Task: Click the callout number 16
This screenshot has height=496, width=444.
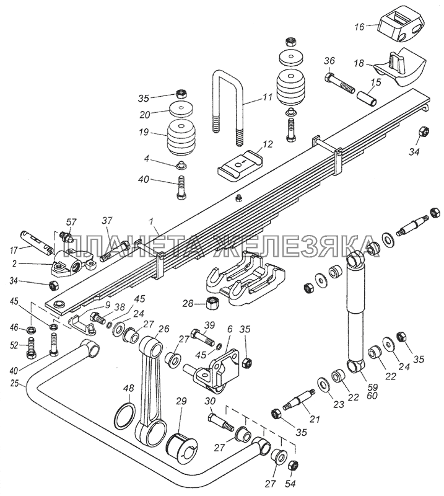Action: (x=359, y=27)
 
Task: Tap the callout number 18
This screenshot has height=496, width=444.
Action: (x=359, y=63)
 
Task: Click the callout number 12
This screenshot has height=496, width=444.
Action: (x=268, y=144)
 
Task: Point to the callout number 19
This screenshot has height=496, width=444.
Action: (x=144, y=131)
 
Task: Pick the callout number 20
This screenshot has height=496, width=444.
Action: (x=145, y=115)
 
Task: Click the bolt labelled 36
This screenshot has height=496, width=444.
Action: (x=339, y=82)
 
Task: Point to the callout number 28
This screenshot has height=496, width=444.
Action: (x=188, y=304)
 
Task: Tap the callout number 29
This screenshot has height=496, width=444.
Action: (x=182, y=401)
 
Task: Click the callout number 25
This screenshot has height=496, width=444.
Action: (x=14, y=384)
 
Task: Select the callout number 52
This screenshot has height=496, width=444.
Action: (x=14, y=346)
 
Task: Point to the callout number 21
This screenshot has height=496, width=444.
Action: (x=315, y=419)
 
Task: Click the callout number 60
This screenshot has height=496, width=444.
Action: (x=373, y=396)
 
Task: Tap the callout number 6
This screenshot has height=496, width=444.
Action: (x=230, y=329)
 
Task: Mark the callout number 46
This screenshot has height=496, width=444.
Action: (x=14, y=327)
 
